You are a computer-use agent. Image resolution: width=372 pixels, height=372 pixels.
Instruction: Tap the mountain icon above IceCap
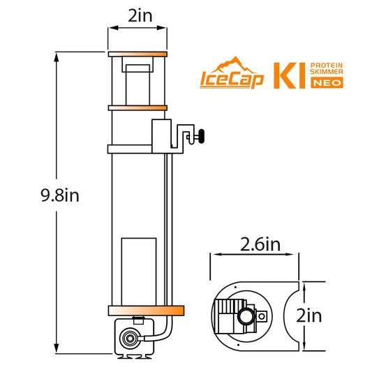click(x=234, y=64)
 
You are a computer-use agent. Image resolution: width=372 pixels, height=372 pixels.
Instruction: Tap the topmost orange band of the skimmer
click(x=137, y=54)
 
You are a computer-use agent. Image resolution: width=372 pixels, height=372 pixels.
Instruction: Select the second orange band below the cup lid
click(x=137, y=107)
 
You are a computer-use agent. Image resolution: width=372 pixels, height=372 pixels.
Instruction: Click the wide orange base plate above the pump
click(x=145, y=311)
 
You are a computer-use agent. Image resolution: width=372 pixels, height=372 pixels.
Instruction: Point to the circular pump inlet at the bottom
click(x=128, y=341)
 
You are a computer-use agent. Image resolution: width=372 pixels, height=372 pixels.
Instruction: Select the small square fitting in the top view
click(x=262, y=316)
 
